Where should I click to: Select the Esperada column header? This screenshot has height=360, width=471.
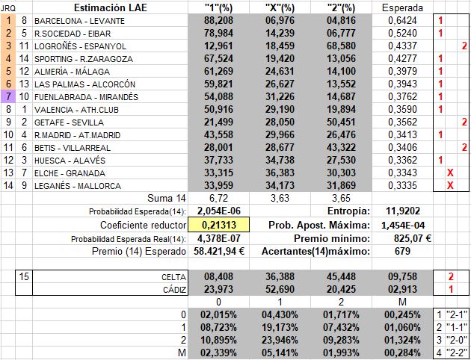(x=401, y=7)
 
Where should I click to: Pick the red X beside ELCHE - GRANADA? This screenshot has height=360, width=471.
(x=450, y=173)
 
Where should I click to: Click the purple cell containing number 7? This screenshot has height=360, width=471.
(x=8, y=97)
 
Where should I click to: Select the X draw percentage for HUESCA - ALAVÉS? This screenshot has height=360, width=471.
(x=279, y=161)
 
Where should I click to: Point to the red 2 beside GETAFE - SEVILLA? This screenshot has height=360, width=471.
(x=464, y=122)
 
